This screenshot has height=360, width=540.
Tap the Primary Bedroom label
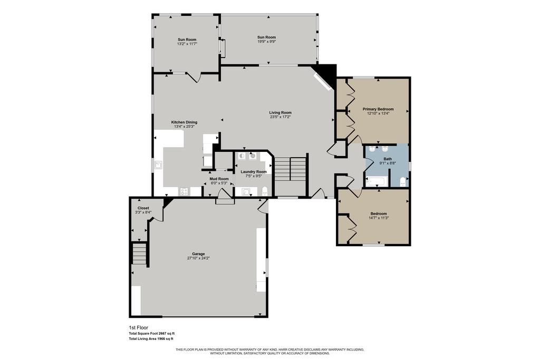[378, 109]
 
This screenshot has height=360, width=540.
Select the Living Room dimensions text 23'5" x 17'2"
[280, 117]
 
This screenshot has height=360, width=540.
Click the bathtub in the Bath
[377, 182]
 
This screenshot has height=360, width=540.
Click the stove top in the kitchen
[185, 191]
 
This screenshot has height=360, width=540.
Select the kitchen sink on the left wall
[158, 165]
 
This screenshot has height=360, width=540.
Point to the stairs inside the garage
[139, 254]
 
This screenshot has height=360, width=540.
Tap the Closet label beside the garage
[143, 208]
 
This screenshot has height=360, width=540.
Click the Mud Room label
[219, 179]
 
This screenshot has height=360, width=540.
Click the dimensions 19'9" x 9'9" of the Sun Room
[266, 41]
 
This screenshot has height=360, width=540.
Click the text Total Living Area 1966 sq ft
[151, 339]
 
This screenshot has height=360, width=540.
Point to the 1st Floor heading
[138, 327]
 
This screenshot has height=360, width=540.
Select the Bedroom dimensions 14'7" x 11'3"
[378, 218]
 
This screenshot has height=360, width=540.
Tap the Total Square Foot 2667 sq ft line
[151, 334]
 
